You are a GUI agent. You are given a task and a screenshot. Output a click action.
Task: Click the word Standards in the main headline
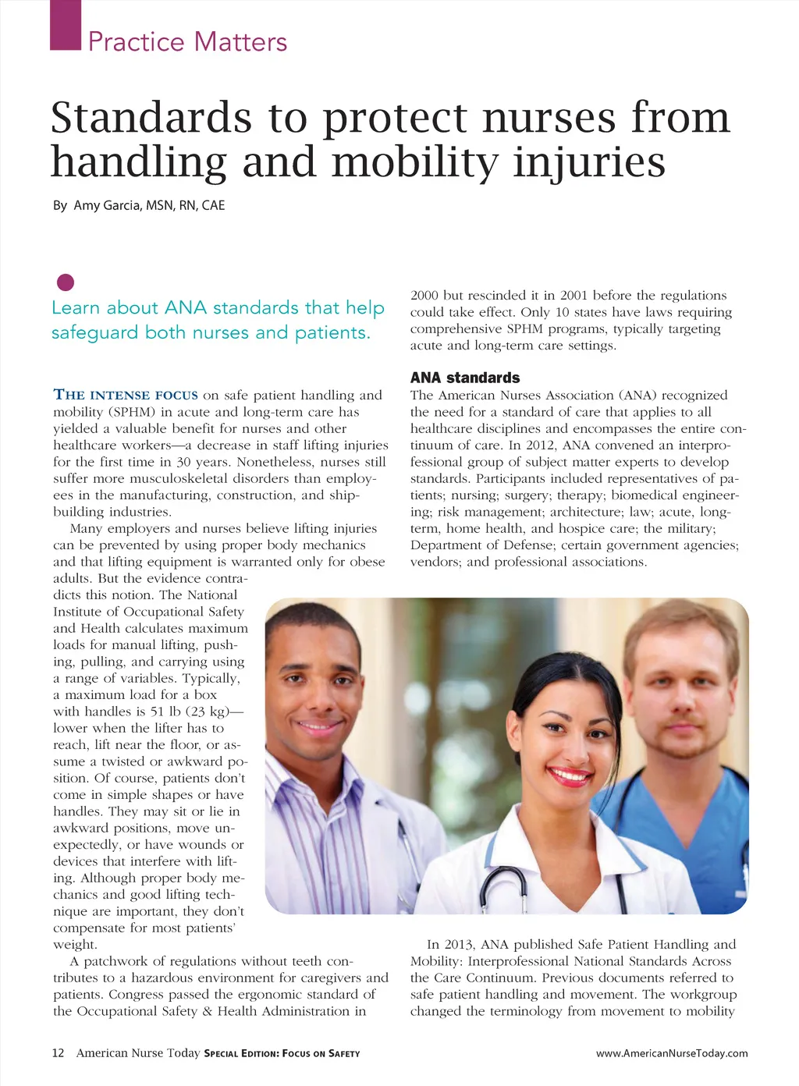(x=151, y=118)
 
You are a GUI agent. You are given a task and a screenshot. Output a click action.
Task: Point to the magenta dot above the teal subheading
(x=66, y=282)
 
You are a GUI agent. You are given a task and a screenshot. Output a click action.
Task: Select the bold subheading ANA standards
(x=465, y=378)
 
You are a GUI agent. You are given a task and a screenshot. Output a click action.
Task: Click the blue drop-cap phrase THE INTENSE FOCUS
(x=126, y=395)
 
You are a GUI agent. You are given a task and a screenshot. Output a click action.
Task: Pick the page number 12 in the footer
(x=59, y=1053)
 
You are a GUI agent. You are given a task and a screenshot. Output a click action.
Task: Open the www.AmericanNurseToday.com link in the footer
(x=672, y=1053)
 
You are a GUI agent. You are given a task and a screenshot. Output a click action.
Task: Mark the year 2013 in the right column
(x=460, y=945)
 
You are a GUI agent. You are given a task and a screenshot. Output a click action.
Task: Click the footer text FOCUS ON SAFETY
(x=321, y=1054)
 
